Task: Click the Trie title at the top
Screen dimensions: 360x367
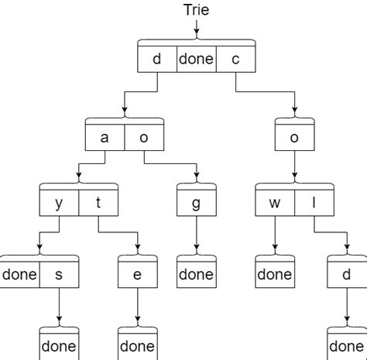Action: [x=197, y=10]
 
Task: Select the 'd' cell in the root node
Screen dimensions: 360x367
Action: [x=157, y=59]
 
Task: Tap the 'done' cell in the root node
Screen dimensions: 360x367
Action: [x=196, y=59]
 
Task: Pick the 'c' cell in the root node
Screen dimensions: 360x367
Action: [x=235, y=59]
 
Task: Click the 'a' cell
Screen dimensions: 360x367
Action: [x=105, y=138]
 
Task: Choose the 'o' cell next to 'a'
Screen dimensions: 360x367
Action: [x=144, y=138]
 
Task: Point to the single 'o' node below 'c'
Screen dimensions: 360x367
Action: [x=294, y=138]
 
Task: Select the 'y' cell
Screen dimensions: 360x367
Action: [x=59, y=204]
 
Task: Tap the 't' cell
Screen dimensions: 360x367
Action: [x=98, y=204]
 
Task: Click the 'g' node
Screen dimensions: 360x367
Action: [x=196, y=204]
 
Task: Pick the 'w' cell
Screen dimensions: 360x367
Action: [x=275, y=204]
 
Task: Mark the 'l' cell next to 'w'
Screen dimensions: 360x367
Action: [x=314, y=204]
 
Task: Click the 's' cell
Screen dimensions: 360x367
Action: [x=59, y=274]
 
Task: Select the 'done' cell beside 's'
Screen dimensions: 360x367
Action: [x=19, y=274]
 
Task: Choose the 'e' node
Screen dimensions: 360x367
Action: [x=138, y=274]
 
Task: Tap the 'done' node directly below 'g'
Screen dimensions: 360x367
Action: [x=196, y=274]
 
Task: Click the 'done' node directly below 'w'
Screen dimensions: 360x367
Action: [x=275, y=274]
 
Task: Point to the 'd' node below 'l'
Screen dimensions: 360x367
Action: [x=346, y=274]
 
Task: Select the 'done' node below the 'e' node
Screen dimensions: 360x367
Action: [x=138, y=345]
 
